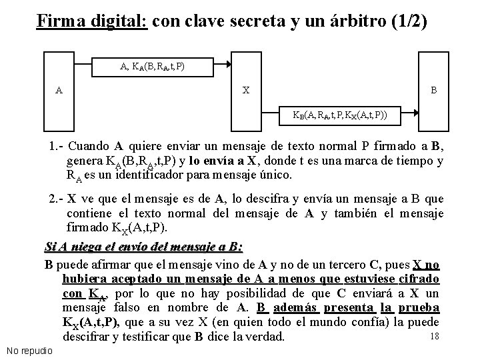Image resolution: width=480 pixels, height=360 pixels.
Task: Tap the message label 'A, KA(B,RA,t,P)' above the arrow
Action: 152,66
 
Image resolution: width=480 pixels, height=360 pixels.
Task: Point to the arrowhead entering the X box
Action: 228,65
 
